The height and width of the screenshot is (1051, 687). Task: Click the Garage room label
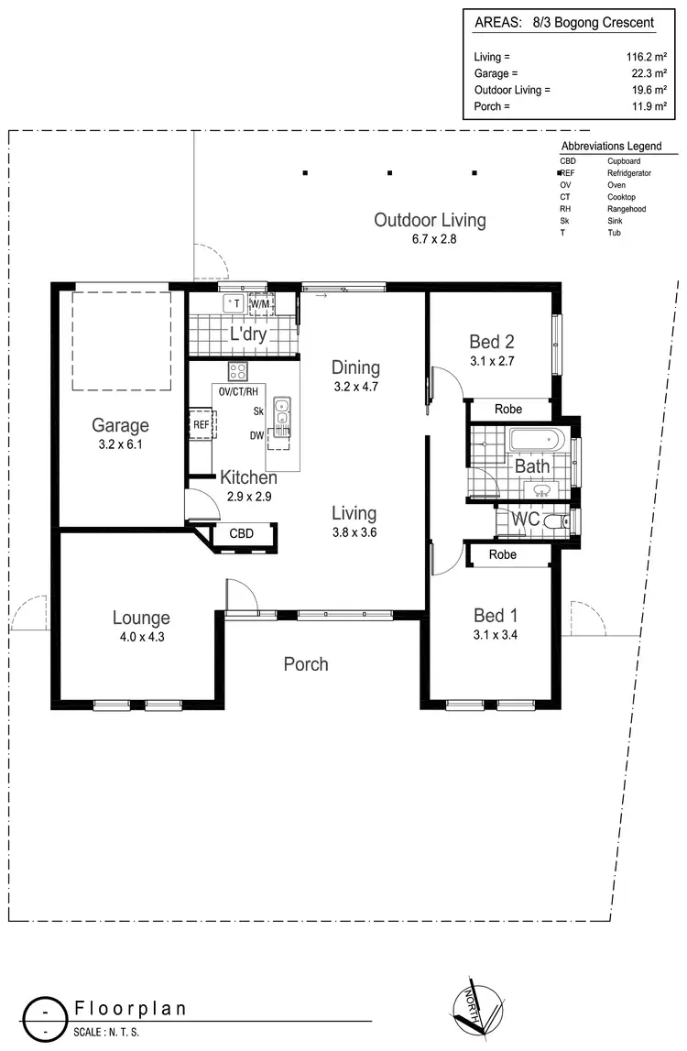120,425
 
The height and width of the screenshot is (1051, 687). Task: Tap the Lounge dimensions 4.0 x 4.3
141,637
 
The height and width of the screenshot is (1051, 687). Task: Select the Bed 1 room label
496,615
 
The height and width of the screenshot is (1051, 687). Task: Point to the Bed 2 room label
491,342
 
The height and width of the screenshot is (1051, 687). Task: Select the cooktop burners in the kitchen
238,371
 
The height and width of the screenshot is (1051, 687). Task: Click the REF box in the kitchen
202,424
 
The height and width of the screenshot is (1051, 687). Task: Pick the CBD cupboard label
241,533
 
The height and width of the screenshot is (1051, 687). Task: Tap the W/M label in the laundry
261,303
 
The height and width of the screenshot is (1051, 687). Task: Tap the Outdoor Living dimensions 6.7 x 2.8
430,238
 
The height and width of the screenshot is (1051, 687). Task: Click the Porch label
306,663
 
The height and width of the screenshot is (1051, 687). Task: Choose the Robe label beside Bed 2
508,410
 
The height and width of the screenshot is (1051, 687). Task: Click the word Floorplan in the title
130,1009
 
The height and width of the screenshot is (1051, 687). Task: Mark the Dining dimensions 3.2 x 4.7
356,387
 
